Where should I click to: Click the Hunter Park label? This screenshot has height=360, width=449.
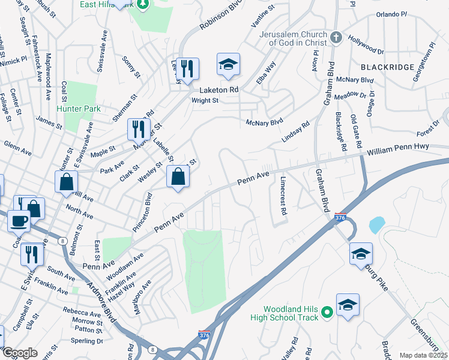(x=78, y=109)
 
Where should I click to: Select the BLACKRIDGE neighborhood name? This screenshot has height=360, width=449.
(x=387, y=67)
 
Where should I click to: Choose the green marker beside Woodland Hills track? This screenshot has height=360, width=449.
(x=327, y=312)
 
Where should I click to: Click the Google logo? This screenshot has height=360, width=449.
(x=20, y=353)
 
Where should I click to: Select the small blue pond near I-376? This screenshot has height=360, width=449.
(x=377, y=225)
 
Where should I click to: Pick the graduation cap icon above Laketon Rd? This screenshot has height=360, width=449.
(x=228, y=65)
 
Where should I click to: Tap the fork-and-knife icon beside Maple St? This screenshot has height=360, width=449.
(x=138, y=128)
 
